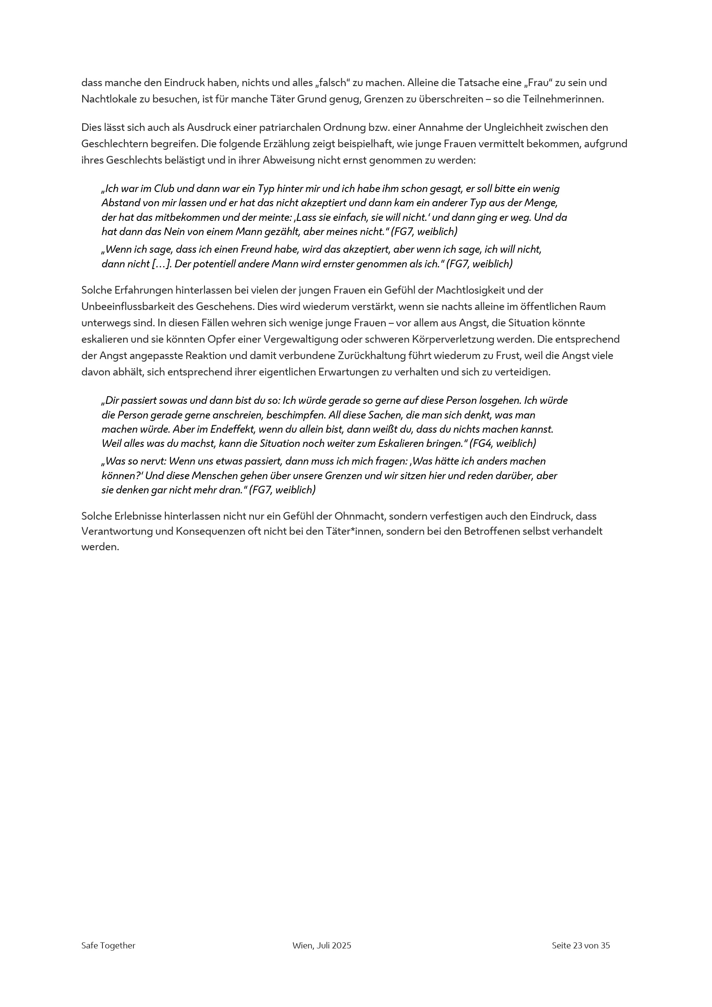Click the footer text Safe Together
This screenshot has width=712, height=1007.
108,945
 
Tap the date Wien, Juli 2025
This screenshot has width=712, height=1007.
322,945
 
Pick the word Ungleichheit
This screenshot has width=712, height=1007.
512,127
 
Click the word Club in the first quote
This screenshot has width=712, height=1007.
164,189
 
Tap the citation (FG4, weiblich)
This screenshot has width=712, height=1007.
502,443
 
